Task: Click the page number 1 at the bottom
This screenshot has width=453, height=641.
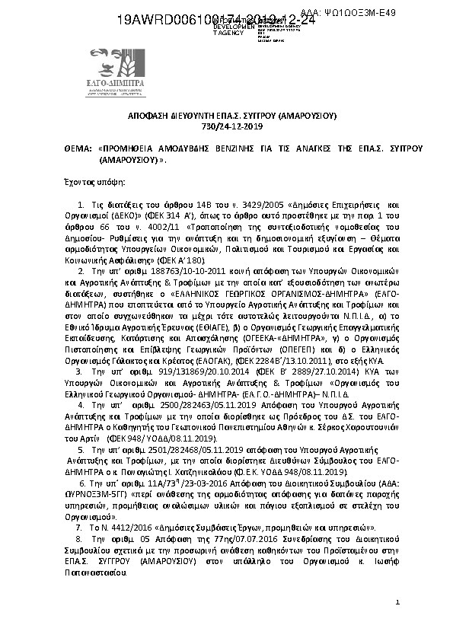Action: pos(397,603)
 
